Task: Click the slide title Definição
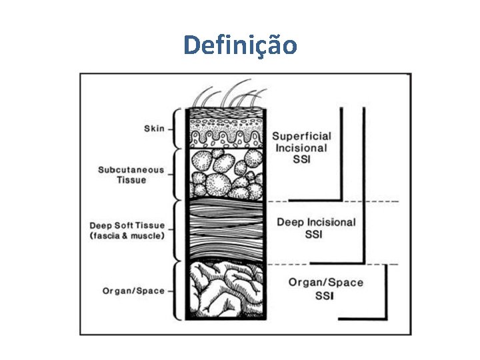tap(240, 45)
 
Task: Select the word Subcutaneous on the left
tap(131, 170)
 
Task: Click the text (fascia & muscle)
tap(127, 237)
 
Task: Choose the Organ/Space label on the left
tap(133, 291)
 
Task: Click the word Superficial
tap(301, 136)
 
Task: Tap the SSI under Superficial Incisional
tap(301, 159)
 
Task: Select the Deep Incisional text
tap(316, 222)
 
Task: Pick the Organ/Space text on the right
tap(326, 282)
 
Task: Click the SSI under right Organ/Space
tap(326, 295)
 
